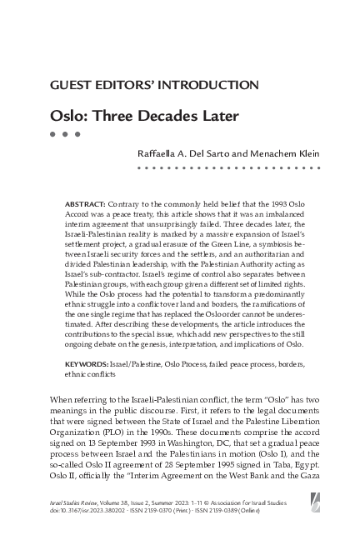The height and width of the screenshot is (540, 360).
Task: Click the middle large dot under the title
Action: pyautogui.click(x=65, y=134)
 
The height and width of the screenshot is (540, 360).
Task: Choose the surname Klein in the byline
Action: pyautogui.click(x=306, y=152)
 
